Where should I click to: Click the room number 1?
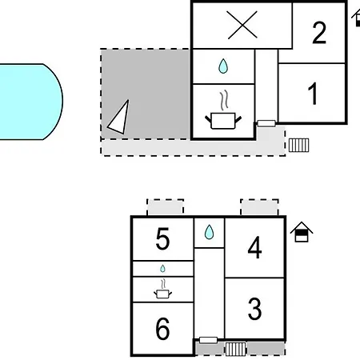pos(313,94)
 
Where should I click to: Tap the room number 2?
pos(319,33)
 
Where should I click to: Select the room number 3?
pos(254,309)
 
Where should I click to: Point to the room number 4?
pos(254,247)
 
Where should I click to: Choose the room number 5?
pos(162,238)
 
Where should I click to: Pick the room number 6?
pos(162,329)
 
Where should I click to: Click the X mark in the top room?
pos(242,25)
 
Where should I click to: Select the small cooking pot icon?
pos(162,289)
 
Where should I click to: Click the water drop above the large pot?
pos(223,66)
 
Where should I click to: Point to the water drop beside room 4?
pos(209,232)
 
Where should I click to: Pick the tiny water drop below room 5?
pos(162,269)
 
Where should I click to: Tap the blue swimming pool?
pos(30,102)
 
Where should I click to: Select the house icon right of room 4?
pos(302,232)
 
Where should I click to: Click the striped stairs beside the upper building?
pos(299,145)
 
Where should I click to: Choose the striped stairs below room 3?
pos(235,349)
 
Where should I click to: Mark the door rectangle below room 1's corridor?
pos(266,123)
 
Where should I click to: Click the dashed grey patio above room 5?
pos(166,207)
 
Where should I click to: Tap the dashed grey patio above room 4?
pos(259,207)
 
